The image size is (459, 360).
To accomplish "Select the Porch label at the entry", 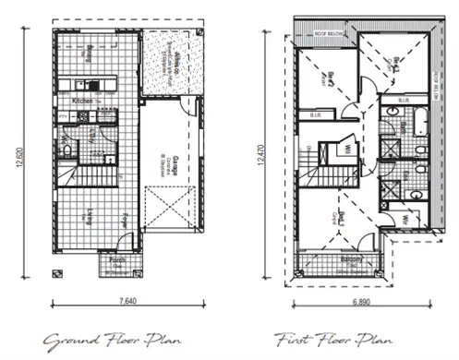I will click(116, 261).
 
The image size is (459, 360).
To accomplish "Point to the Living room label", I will click(90, 216).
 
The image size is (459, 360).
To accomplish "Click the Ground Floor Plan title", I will click(92, 338).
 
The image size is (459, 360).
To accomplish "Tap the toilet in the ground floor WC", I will click(66, 148).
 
